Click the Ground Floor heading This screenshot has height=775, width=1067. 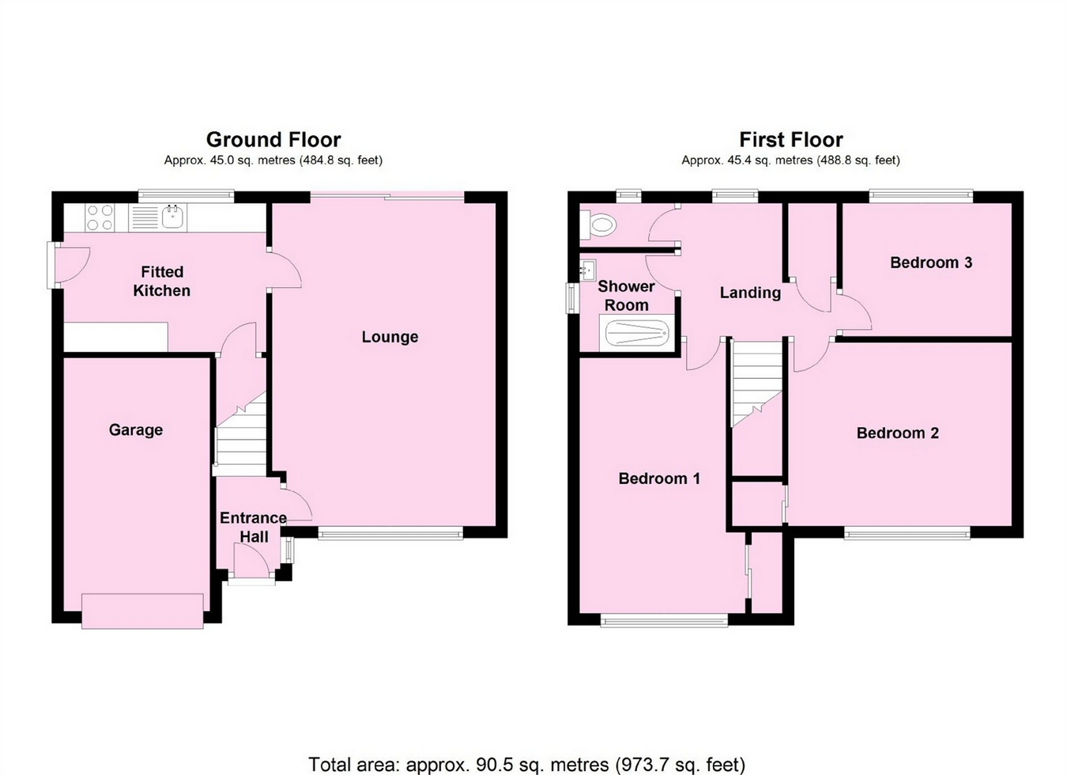[x=273, y=140]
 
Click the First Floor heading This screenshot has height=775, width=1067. [x=790, y=140]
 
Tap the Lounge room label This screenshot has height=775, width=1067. [x=390, y=337]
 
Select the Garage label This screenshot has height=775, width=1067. [x=136, y=430]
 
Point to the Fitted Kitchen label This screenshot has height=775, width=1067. [x=161, y=282]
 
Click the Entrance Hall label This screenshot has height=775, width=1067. [x=253, y=527]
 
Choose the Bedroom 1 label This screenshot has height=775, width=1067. [x=658, y=478]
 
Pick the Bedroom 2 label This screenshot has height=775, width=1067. [x=897, y=433]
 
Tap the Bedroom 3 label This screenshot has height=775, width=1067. [x=930, y=263]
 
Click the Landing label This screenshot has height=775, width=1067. [x=749, y=293]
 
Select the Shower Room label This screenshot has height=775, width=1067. [x=626, y=296]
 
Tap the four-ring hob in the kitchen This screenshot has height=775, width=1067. [x=100, y=217]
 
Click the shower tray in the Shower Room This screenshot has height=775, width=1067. [x=637, y=333]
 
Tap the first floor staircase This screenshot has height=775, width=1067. [x=756, y=380]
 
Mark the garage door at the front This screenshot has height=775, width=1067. [x=142, y=611]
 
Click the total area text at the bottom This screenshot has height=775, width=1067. [x=526, y=764]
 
